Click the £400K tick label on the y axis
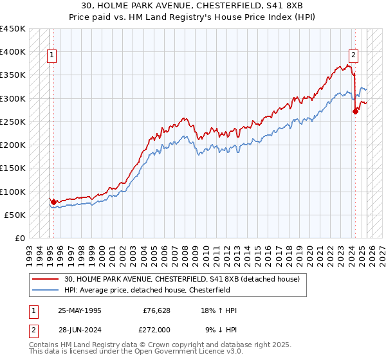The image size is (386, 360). pyautogui.click(x=12, y=52)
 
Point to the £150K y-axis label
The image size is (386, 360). pyautogui.click(x=12, y=168)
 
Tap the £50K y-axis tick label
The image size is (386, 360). pyautogui.click(x=15, y=215)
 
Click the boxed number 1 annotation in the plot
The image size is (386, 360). pyautogui.click(x=51, y=56)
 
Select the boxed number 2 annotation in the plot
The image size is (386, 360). pyautogui.click(x=353, y=56)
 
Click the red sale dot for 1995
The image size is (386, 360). pyautogui.click(x=53, y=202)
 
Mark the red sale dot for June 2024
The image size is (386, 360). pyautogui.click(x=355, y=111)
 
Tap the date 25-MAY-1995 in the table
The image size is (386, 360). pyautogui.click(x=79, y=310)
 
